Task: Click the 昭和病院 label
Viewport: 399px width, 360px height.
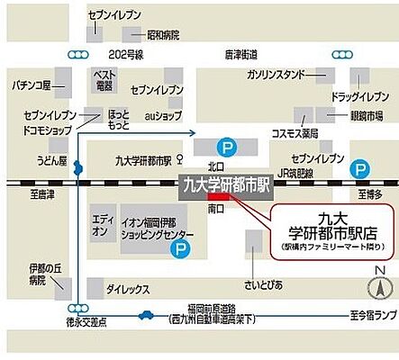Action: click(163, 35)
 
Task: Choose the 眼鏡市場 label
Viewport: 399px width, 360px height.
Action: click(367, 117)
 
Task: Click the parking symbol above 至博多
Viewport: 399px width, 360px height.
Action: click(360, 167)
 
